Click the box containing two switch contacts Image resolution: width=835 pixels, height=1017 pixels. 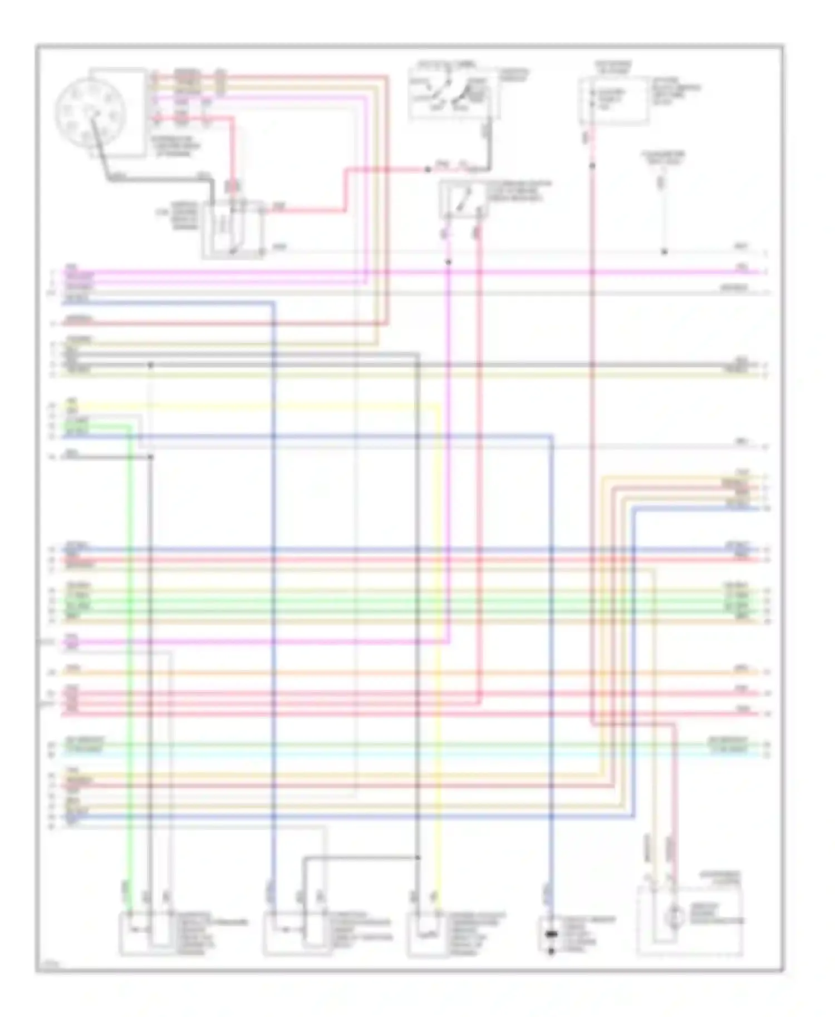coord(454,95)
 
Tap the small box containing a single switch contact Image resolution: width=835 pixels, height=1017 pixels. coord(464,200)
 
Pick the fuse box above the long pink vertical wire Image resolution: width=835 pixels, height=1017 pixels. coord(613,101)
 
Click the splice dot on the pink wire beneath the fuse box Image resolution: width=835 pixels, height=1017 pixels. coord(592,165)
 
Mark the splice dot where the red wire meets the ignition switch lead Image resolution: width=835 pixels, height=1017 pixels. coord(428,169)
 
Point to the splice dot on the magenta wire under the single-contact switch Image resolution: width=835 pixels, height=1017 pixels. coord(449,261)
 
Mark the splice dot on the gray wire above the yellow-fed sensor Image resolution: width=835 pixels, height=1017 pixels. coord(417,857)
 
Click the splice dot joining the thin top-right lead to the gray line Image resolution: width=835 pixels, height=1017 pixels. coord(664,252)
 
